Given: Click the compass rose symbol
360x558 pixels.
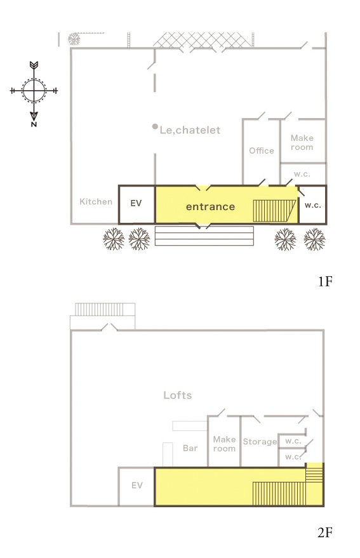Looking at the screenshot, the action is [34, 90].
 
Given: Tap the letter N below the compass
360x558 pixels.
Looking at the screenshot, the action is [34, 124].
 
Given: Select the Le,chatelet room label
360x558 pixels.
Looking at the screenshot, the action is [190, 130].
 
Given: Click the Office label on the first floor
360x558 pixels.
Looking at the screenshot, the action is [262, 150].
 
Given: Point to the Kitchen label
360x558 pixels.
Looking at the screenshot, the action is [96, 202].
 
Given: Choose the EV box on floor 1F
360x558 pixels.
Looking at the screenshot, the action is [137, 204].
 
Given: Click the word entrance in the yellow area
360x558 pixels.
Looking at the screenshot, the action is [210, 207].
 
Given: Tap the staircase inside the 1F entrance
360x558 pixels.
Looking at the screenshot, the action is [274, 211].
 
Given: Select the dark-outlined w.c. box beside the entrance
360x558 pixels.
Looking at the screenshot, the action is [312, 204].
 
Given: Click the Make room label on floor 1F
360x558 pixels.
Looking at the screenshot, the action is [302, 142].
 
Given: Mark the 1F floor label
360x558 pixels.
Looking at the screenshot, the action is [324, 281].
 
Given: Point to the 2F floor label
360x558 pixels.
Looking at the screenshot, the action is [324, 533].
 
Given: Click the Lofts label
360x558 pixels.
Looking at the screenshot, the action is [178, 395].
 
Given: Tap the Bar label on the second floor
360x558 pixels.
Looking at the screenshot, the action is [190, 448].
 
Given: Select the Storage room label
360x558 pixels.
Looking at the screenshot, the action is [260, 442].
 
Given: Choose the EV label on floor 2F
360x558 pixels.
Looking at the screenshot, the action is [137, 485].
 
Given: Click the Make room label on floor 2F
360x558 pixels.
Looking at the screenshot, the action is [224, 444].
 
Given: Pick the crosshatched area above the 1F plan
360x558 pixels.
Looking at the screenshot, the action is [203, 40].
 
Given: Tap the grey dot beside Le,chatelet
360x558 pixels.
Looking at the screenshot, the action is [155, 126].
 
